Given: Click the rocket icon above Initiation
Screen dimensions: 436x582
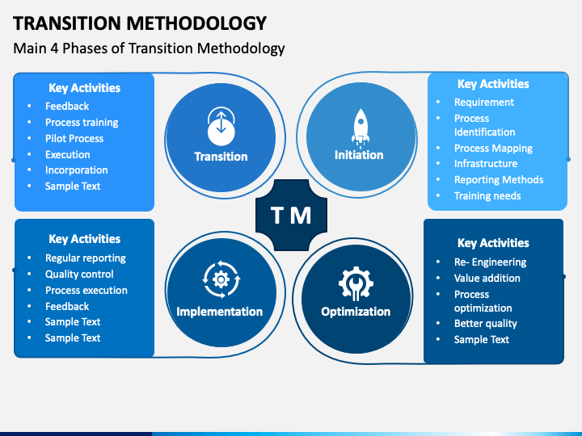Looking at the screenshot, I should click(359, 127).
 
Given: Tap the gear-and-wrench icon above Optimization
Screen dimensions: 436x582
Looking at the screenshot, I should click(356, 283).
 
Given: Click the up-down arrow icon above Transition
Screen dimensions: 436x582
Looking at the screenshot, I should click(221, 124).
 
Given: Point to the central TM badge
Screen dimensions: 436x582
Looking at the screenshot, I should click(290, 215).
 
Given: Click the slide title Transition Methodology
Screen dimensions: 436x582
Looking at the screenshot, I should click(140, 22).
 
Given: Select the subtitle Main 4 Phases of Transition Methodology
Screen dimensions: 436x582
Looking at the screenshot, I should click(150, 48).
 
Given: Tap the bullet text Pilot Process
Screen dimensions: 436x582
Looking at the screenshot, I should click(74, 138).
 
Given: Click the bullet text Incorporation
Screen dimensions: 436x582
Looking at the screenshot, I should click(77, 170).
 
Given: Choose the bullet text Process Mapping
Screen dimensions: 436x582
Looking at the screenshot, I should click(493, 149).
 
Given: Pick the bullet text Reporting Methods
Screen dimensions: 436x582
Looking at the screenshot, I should click(499, 180).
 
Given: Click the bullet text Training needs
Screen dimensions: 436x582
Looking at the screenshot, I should click(487, 196).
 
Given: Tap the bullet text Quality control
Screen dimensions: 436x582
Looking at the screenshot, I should click(79, 274).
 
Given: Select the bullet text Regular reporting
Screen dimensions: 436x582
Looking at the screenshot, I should click(86, 258).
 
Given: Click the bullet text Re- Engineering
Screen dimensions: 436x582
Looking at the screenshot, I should click(490, 262).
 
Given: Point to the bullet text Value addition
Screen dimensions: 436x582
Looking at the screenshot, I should click(487, 279).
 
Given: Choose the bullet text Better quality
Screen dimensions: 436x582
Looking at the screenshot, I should click(486, 324).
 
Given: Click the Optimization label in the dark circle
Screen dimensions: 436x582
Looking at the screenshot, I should click(356, 312).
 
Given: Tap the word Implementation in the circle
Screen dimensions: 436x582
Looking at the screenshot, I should click(219, 312).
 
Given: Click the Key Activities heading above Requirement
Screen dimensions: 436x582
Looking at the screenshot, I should click(493, 84).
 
